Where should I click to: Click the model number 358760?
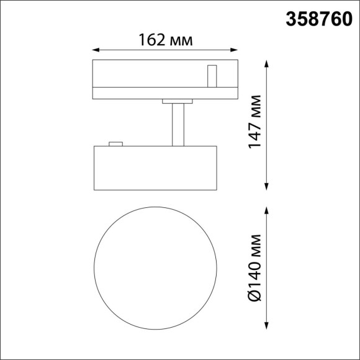[317, 19]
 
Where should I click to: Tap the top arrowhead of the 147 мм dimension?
[268, 63]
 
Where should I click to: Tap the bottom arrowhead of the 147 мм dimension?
[268, 186]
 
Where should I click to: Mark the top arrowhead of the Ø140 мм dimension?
[268, 210]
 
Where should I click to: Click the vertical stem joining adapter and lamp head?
[178, 124]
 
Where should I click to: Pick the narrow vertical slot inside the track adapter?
[211, 76]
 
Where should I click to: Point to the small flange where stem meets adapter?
[178, 101]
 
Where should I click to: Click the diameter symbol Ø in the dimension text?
[254, 295]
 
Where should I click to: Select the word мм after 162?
[181, 41]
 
